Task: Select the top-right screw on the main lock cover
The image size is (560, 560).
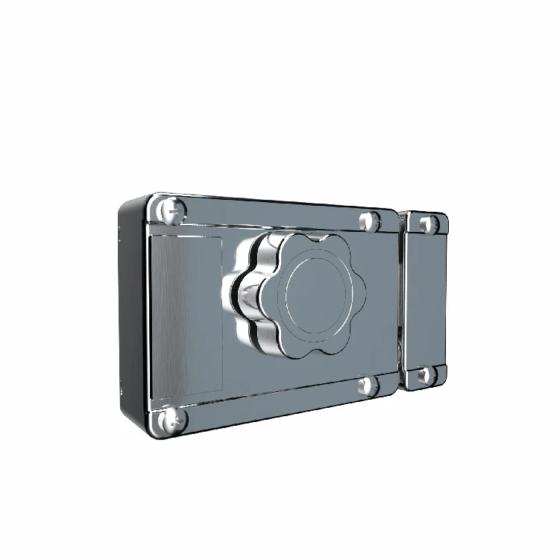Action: pos(369,221)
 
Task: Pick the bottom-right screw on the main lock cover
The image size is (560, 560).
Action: pos(368,385)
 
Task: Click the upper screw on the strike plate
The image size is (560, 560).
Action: pos(426,224)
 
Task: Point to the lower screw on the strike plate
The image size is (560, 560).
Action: pos(425,375)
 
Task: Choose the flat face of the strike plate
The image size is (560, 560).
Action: pos(426,300)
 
